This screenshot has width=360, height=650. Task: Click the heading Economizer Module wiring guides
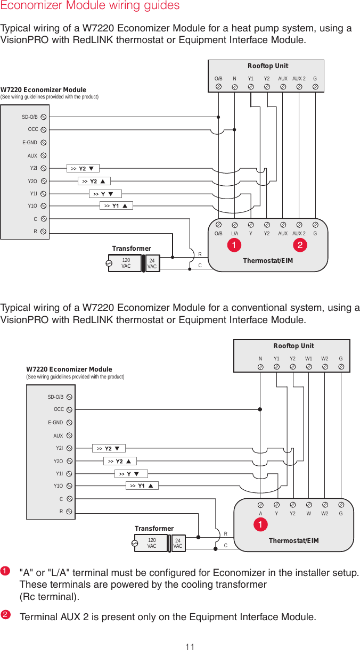point(90,6)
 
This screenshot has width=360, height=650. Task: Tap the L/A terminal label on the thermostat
point(234,233)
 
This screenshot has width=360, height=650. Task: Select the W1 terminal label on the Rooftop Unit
point(309,359)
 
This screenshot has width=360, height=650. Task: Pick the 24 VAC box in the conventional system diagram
point(178,544)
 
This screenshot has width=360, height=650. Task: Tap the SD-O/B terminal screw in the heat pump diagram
point(44,117)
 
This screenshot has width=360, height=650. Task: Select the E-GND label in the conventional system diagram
point(55,423)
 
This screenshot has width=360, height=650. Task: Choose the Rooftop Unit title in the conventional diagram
point(293,346)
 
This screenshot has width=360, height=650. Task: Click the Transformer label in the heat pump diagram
point(132,249)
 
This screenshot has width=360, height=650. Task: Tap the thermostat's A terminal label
point(260,514)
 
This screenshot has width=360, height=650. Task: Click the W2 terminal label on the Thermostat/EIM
point(325,514)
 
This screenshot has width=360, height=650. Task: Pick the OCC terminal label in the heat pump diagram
point(33,129)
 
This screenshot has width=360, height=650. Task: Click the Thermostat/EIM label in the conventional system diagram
point(293,541)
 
